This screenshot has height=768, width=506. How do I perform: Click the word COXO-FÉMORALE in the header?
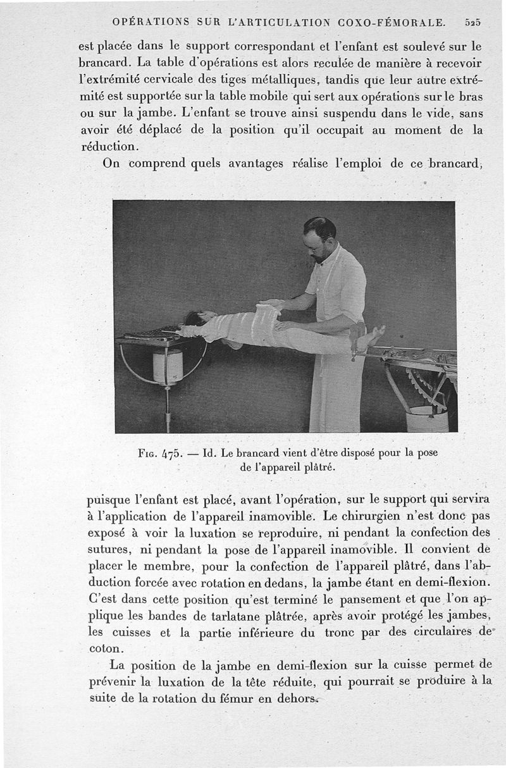click(392, 22)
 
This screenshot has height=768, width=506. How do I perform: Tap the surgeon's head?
click(319, 237)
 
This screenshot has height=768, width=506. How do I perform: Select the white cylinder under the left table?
click(168, 368)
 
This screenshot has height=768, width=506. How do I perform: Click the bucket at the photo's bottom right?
click(426, 419)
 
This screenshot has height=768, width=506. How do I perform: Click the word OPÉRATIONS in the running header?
click(151, 22)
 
